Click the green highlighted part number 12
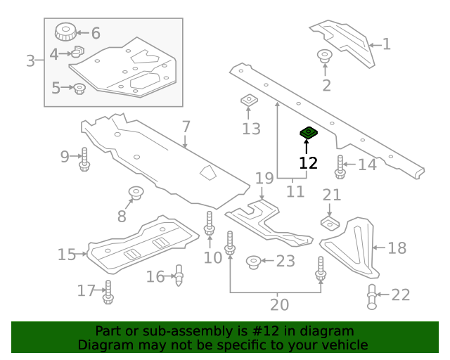coord(307,132)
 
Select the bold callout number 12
coord(308,163)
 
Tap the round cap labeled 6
coord(65,32)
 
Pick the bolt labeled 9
coord(84,160)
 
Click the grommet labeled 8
coord(134,192)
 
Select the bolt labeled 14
coord(340,167)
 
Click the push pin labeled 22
coord(372,297)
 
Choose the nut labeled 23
coord(253,263)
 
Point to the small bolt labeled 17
coord(108,292)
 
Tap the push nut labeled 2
coord(325,56)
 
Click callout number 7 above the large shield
coord(186,127)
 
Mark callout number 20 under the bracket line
coord(279,305)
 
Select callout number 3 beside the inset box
coord(30,61)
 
